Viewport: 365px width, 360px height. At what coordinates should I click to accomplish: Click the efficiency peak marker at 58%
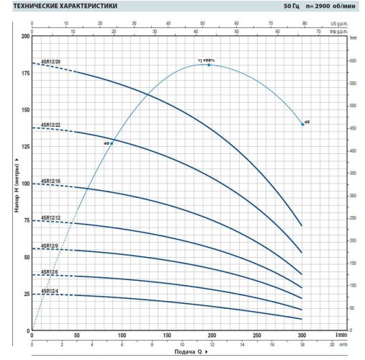tap(209, 65)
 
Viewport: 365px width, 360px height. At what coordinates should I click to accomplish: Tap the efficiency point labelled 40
tap(112, 143)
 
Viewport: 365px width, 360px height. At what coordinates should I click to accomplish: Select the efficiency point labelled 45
tap(302, 124)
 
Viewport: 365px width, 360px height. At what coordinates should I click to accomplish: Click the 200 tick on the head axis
tap(26, 36)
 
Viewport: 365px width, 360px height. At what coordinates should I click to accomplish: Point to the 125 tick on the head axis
tap(26, 147)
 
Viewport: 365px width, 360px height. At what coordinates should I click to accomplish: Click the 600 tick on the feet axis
tap(352, 60)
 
